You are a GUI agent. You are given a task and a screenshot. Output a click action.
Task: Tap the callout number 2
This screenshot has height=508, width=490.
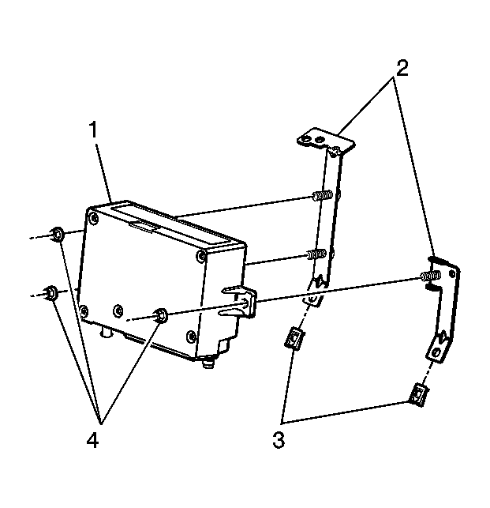402,67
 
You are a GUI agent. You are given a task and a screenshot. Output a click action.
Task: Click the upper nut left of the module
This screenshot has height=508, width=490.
57,233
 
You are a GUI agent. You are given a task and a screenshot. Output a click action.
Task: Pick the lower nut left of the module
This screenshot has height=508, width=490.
50,292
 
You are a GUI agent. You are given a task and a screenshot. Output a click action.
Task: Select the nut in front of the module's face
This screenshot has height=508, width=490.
160,315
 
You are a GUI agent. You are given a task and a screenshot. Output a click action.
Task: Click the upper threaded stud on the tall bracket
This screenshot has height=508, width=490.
320,195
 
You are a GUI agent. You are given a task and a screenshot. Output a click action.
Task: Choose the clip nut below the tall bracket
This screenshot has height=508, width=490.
294,341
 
